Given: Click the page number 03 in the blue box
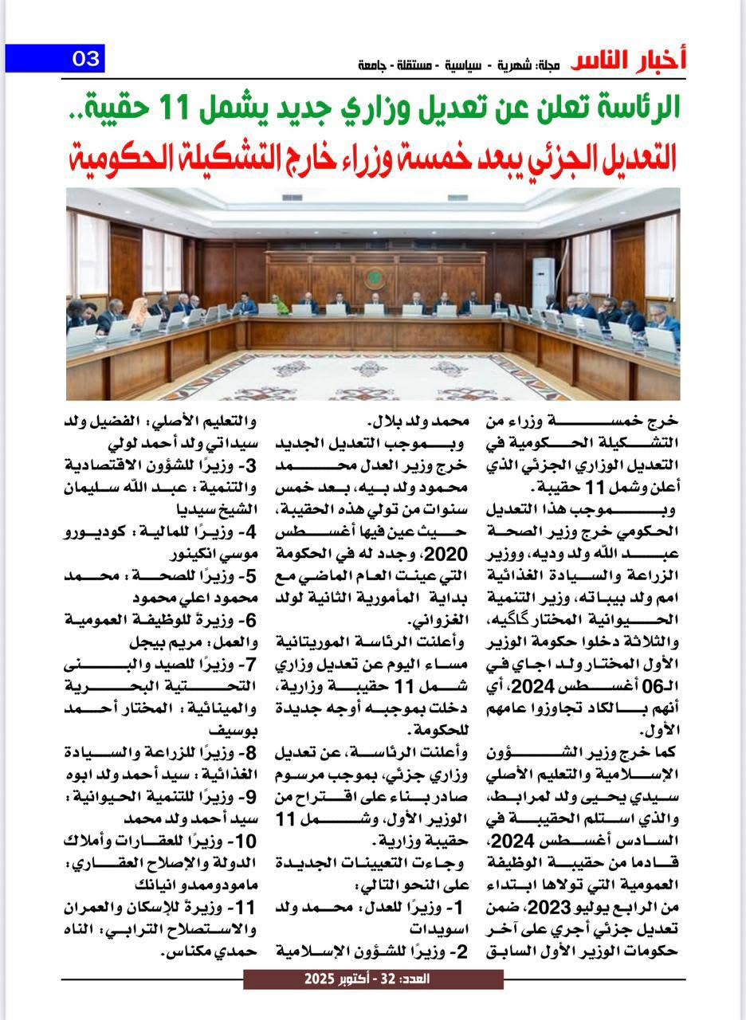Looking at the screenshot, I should point(85,59).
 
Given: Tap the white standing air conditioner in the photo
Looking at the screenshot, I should point(543,282).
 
